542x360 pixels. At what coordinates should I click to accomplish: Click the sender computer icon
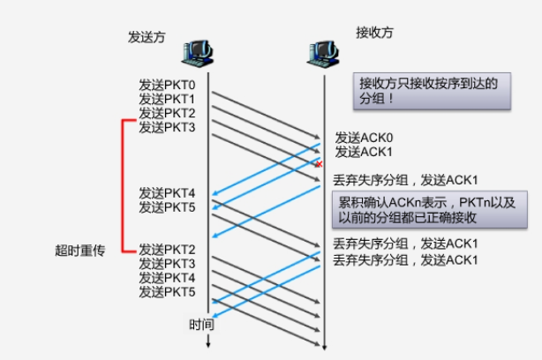pos(199,54)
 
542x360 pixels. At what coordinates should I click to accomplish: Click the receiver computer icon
pos(324,54)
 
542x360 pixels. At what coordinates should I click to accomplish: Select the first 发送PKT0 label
pos(167,86)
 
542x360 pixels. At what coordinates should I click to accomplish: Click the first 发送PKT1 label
pos(167,99)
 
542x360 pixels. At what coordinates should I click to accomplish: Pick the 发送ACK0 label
pos(362,139)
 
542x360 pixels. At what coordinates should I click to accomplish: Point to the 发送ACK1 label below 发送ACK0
pos(362,152)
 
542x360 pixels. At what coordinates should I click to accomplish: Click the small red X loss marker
pos(319,164)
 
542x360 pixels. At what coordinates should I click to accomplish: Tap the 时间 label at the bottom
pos(200,324)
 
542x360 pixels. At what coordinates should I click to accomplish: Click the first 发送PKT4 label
pos(167,193)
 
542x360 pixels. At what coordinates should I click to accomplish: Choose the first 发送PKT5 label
pos(167,207)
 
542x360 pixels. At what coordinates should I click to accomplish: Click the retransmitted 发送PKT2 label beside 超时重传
pos(167,250)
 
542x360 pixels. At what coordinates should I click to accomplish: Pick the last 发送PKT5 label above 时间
pos(167,292)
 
